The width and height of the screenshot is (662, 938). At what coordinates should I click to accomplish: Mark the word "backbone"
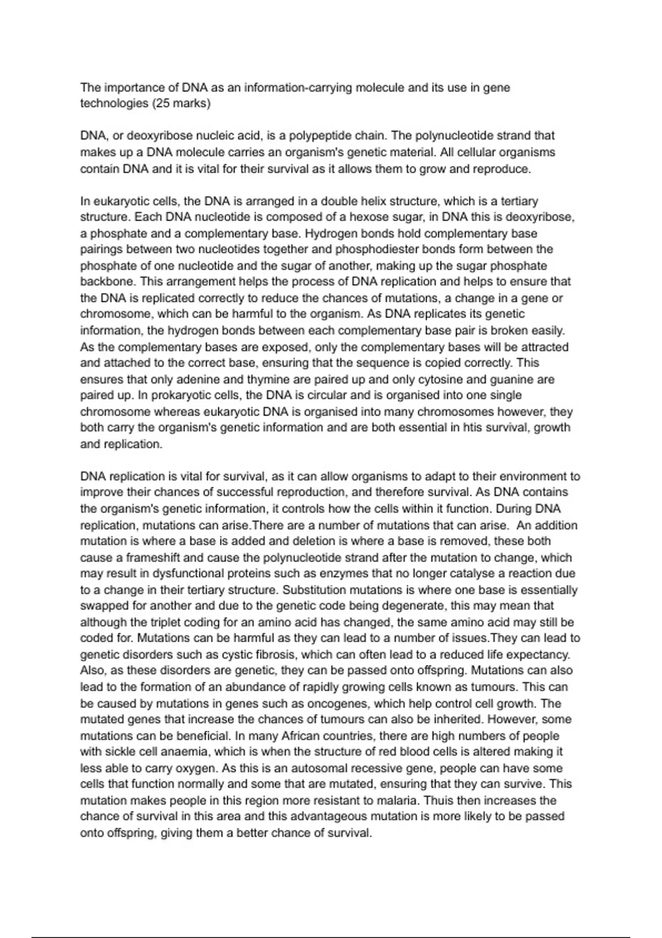click(107, 282)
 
